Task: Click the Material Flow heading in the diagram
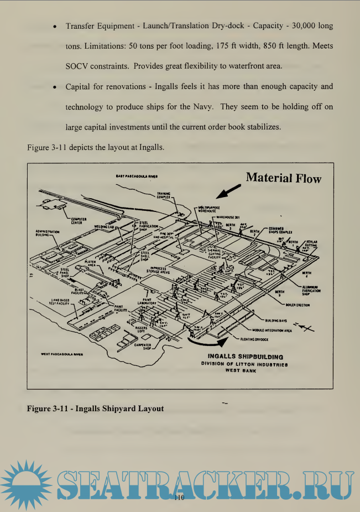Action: [283, 178]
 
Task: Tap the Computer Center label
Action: [76, 221]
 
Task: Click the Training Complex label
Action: [163, 195]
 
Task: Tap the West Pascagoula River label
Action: [62, 354]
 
